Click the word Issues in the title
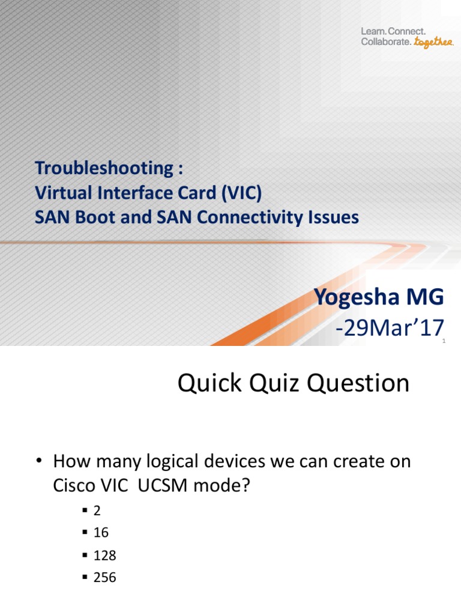tap(333, 217)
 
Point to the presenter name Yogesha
tap(357, 297)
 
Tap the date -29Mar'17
tap(391, 329)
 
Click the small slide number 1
tap(443, 341)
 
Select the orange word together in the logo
tap(434, 43)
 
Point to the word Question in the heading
tap(359, 383)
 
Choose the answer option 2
tap(97, 510)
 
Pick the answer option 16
tap(101, 532)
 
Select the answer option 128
tap(104, 555)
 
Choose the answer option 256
tap(104, 578)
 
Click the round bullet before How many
tap(39, 461)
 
